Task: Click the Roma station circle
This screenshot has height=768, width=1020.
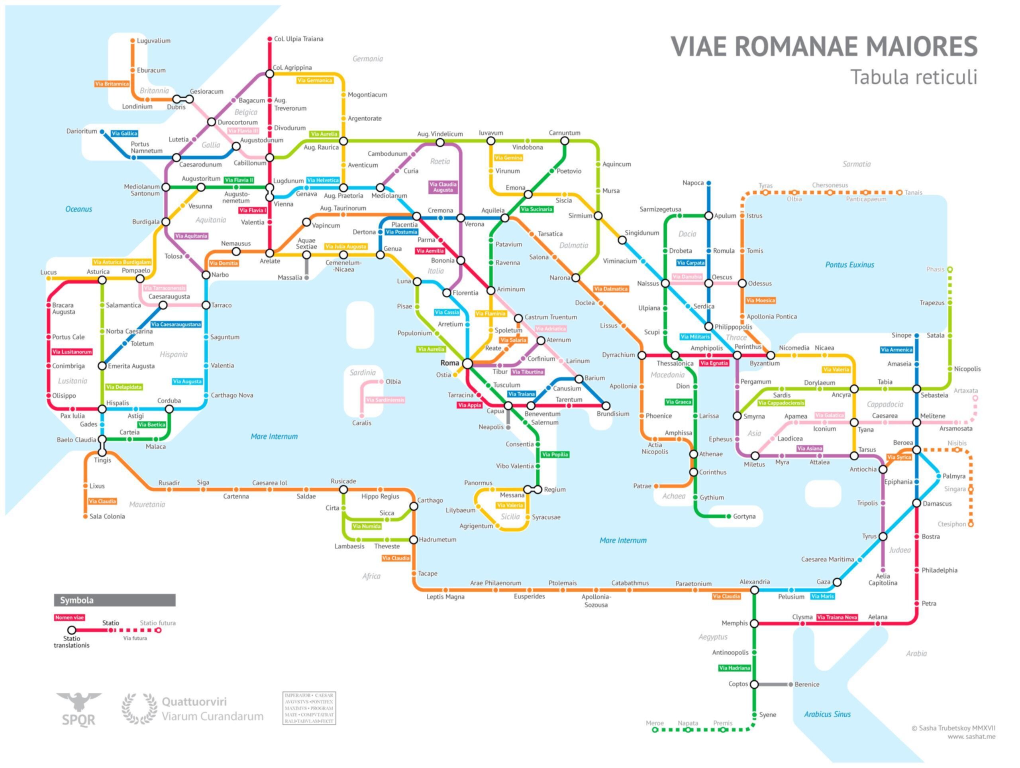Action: coord(467,364)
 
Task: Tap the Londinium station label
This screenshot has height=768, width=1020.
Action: coord(137,106)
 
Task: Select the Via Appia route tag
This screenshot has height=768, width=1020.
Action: coord(469,405)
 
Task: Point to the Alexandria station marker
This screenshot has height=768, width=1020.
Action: coord(754,590)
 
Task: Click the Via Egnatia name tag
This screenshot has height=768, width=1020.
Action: coord(714,363)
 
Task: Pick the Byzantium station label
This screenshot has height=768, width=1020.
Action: coord(765,363)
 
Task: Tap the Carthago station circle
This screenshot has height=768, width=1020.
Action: coord(414,507)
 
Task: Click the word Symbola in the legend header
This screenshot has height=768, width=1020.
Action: coord(76,600)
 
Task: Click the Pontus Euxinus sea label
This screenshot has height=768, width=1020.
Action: coord(849,265)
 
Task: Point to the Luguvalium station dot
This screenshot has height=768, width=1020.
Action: coord(133,41)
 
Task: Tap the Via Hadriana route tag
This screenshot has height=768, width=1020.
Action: coord(735,668)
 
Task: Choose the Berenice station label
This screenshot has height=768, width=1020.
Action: coord(807,685)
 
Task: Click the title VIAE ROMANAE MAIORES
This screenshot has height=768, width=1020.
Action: coord(824,46)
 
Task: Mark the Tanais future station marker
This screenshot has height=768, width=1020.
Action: coord(899,192)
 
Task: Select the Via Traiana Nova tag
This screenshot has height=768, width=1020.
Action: coord(837,617)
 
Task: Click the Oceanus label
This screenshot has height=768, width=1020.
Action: coord(78,209)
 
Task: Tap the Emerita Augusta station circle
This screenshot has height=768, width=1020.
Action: coord(102,366)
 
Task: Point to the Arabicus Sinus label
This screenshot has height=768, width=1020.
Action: coord(827,714)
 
